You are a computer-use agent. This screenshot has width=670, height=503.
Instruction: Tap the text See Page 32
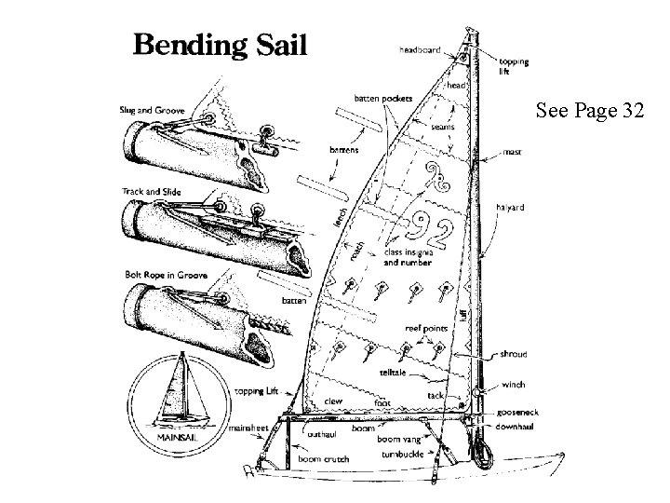(x=589, y=111)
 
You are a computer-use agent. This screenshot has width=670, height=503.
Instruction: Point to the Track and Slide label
(x=151, y=193)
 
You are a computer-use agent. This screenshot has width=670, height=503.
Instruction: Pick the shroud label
(x=515, y=355)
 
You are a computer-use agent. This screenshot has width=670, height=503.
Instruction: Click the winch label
(x=513, y=384)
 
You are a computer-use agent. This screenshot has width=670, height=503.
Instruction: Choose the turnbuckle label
(x=403, y=454)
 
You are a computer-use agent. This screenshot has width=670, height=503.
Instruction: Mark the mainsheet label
(x=251, y=428)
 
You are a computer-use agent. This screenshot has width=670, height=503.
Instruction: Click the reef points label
(x=424, y=328)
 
